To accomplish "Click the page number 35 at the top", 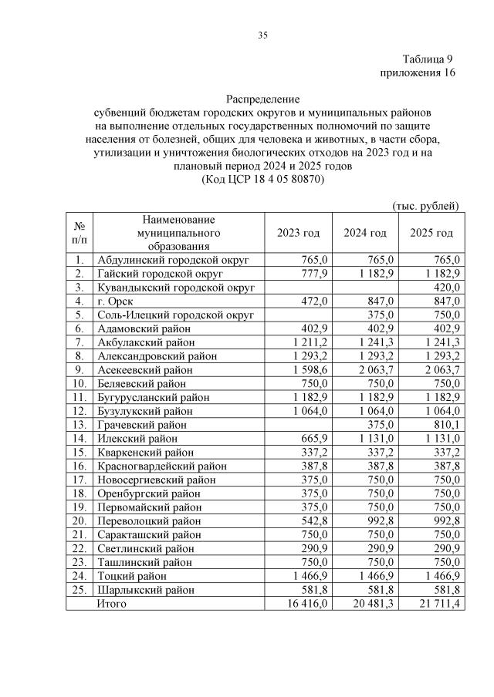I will tap(262, 35).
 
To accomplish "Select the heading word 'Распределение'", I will tap(262, 99).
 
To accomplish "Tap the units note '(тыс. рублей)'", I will tap(426, 205).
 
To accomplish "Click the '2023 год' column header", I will tap(299, 233).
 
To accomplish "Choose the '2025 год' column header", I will tap(431, 233).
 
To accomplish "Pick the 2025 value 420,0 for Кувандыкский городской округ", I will tap(447, 287).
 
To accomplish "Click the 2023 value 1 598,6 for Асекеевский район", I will tap(310, 370).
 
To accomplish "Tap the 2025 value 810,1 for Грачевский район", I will tap(447, 425).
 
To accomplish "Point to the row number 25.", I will tap(79, 590).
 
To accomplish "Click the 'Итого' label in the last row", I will tap(110, 604).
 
